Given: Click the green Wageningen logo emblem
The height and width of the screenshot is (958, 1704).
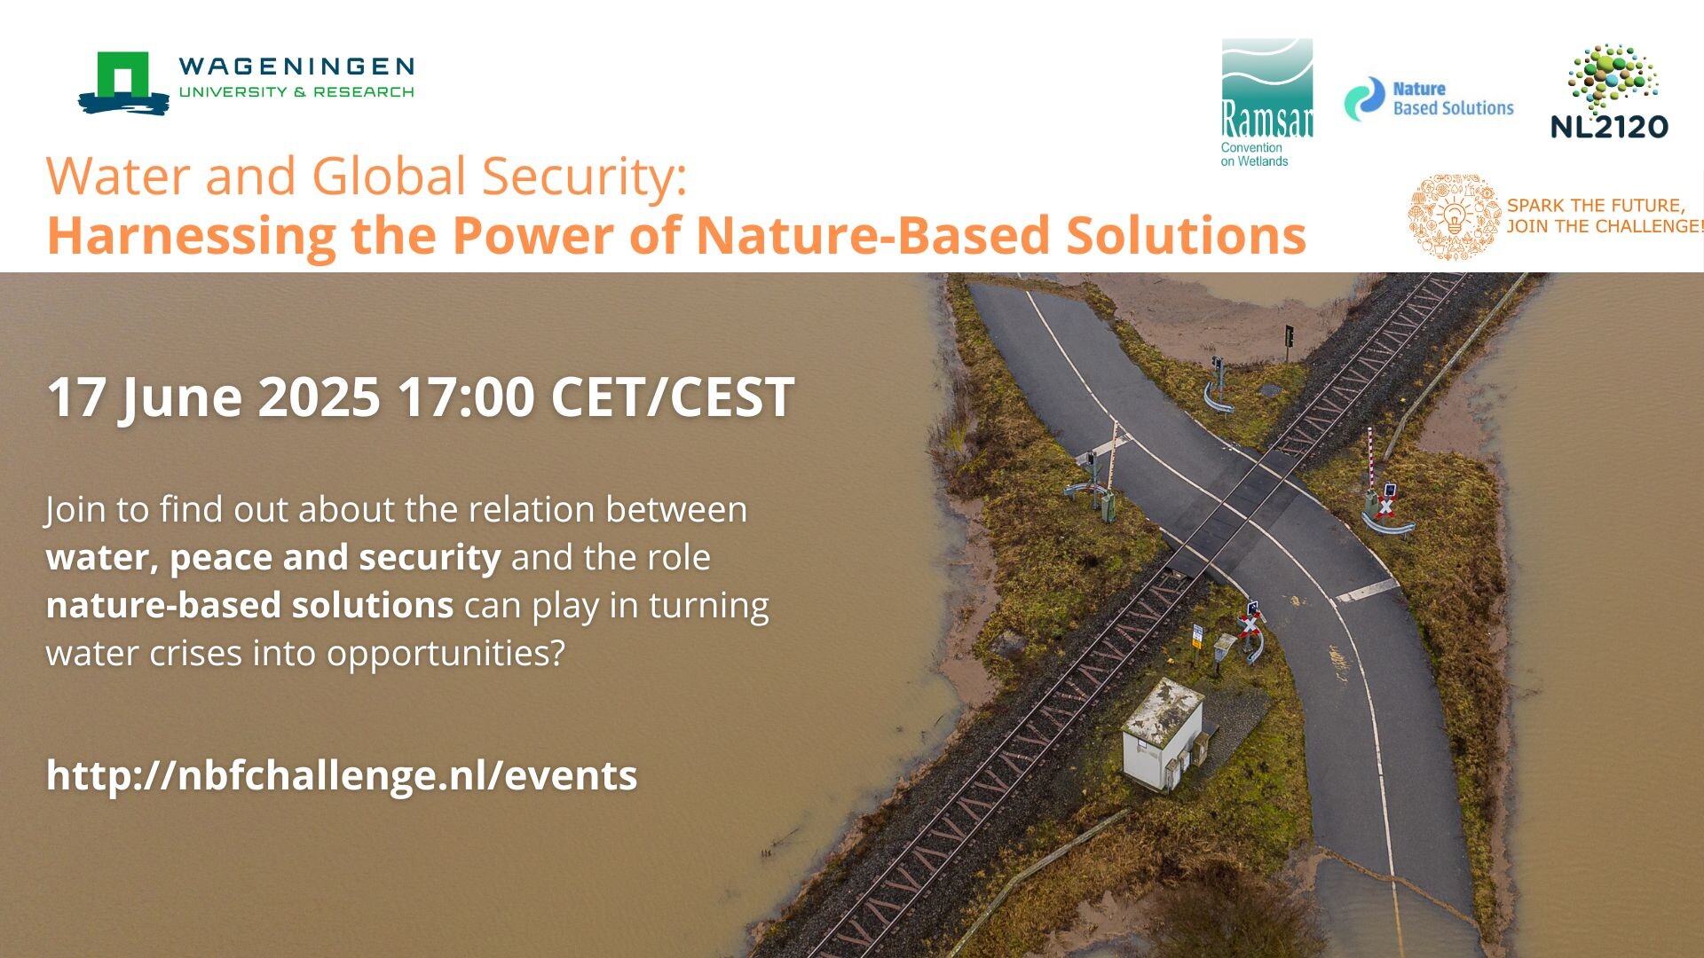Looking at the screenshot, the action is tap(123, 82).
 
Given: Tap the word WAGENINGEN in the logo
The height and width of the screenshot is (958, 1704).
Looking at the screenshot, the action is tap(296, 67).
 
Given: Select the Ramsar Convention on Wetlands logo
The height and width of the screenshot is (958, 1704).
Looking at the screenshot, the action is tap(1266, 103).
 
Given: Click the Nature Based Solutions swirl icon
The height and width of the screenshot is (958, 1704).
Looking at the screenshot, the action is tap(1364, 98).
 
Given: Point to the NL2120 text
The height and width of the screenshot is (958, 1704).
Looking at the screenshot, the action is tap(1609, 127).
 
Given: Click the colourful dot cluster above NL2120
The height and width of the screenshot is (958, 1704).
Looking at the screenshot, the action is tap(1613, 77).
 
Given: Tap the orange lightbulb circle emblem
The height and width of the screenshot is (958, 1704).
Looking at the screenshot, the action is tap(1454, 216).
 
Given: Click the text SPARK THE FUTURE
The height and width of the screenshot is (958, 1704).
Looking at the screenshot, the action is tap(1596, 205).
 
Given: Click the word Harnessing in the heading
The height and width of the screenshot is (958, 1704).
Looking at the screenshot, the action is tap(191, 237).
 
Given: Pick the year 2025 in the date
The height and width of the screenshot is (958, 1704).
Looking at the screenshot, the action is tap(319, 397).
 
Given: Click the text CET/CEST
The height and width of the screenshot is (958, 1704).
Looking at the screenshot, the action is tap(672, 397).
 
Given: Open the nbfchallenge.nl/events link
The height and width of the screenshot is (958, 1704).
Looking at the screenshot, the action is tap(342, 775).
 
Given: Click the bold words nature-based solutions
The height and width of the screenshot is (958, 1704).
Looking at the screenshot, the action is tap(249, 605).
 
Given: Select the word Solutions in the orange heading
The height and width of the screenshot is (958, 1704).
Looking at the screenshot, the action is tap(1186, 235).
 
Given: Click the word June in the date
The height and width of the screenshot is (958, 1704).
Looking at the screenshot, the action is tap(181, 398).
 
